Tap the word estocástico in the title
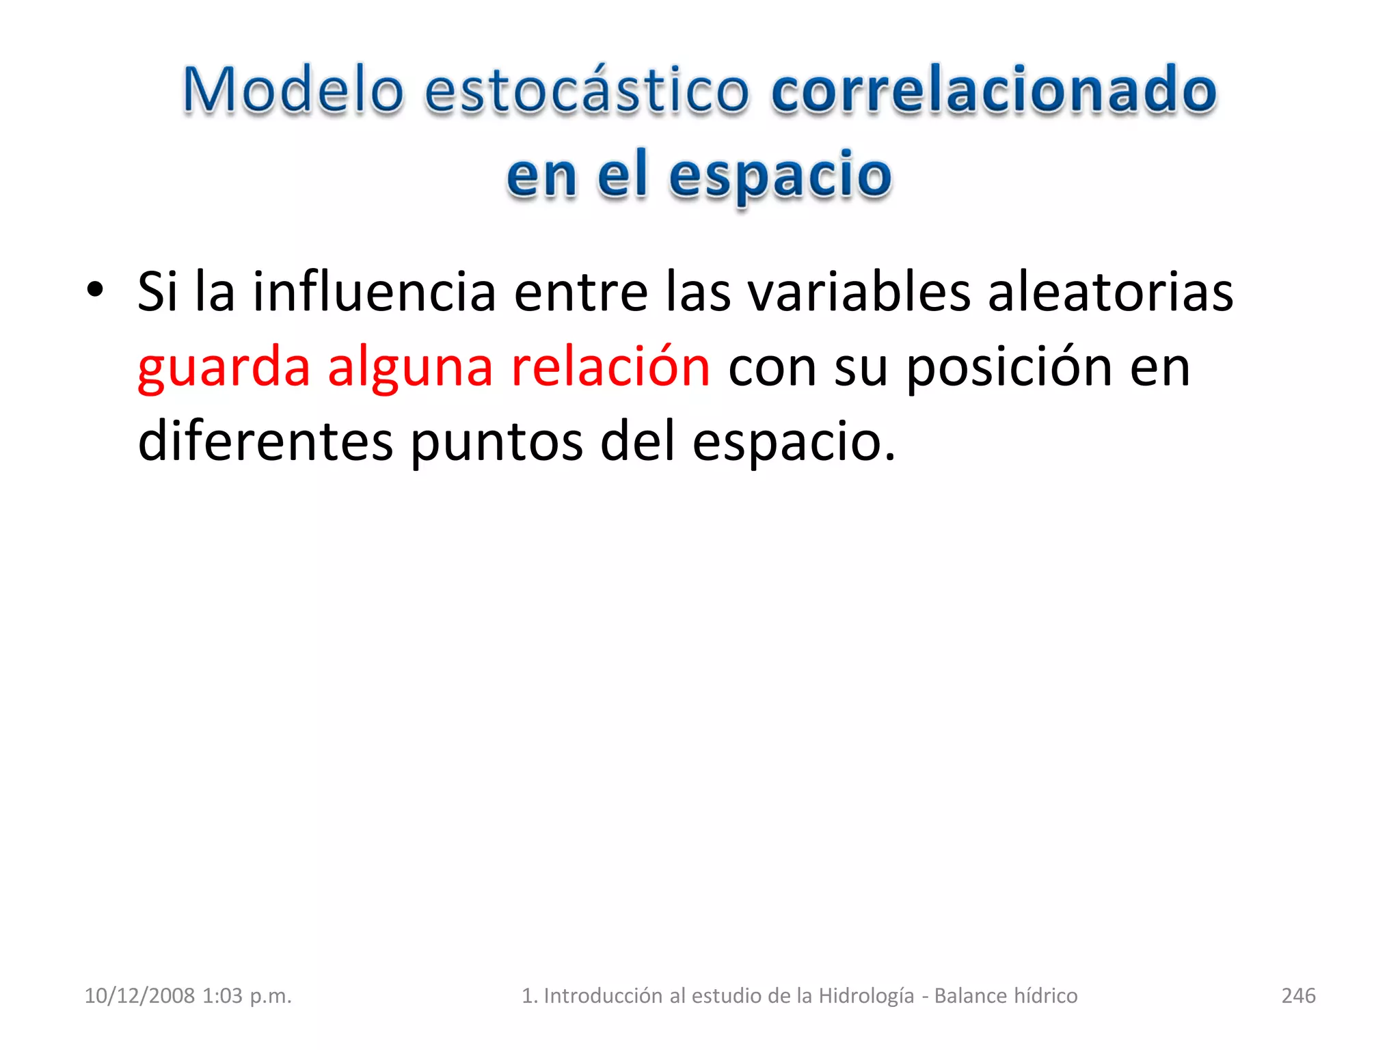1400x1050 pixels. (587, 90)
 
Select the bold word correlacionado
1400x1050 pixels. (993, 90)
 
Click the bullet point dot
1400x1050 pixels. (95, 290)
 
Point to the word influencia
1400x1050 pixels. (374, 292)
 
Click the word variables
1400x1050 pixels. (859, 292)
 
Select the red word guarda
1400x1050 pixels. (224, 368)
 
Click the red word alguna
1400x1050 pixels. (410, 368)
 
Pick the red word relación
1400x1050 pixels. (610, 366)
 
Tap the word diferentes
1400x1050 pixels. (265, 441)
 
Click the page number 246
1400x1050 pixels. (1298, 995)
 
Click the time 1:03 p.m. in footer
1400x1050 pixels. (247, 995)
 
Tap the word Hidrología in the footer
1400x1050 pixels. (866, 995)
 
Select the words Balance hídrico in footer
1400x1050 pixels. (1006, 995)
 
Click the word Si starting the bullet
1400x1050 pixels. (157, 292)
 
